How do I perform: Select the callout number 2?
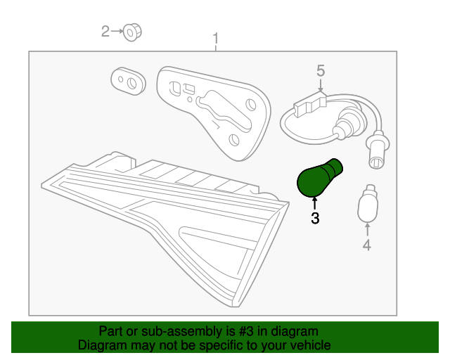106,31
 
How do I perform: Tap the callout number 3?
315,219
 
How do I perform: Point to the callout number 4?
366,245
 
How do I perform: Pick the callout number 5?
321,70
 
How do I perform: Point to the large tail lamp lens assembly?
169,225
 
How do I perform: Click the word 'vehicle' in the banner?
308,345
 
